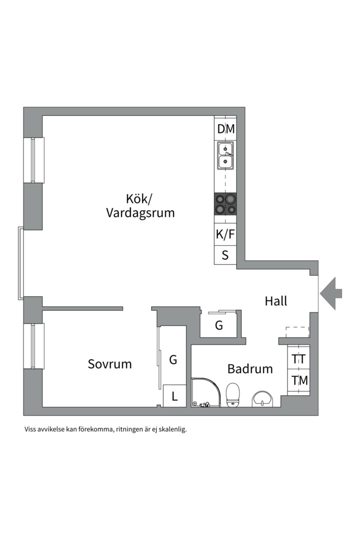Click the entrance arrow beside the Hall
(331, 293)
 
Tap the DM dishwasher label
(225, 129)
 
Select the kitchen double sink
(225, 155)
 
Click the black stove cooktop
(225, 204)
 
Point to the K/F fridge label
(225, 233)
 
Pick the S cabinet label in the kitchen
(225, 255)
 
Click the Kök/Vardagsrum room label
(140, 205)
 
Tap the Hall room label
(276, 301)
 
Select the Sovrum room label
(110, 364)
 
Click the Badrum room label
(250, 369)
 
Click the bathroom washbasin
(263, 398)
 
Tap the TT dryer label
(299, 359)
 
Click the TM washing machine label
(299, 380)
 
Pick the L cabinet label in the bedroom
(174, 396)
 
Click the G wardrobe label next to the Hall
(219, 325)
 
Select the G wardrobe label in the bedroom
(173, 359)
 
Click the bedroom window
(34, 346)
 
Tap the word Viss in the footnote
(31, 429)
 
